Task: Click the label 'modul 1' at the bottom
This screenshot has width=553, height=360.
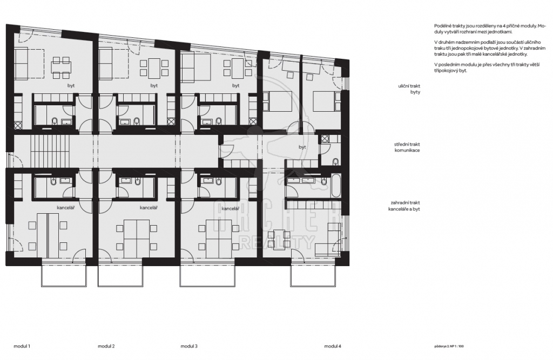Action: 22,347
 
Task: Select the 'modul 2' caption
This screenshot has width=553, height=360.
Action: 106,347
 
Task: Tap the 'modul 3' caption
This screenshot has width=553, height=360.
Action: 189,347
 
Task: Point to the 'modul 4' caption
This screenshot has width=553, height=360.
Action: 333,347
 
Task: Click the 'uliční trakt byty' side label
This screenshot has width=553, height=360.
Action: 409,89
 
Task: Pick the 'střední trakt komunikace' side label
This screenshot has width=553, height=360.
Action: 407,147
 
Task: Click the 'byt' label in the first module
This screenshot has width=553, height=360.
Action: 71,86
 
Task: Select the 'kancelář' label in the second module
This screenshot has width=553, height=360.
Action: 149,208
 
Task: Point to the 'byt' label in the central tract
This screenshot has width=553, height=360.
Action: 302,147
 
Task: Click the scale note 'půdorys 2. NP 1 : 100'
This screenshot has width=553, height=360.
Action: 449,347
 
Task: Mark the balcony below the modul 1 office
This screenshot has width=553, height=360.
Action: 64,275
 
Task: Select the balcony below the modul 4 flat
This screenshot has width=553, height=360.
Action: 313,275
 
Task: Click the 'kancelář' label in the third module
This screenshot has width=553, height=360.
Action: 230,209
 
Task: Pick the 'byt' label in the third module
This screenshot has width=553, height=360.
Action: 235,86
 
